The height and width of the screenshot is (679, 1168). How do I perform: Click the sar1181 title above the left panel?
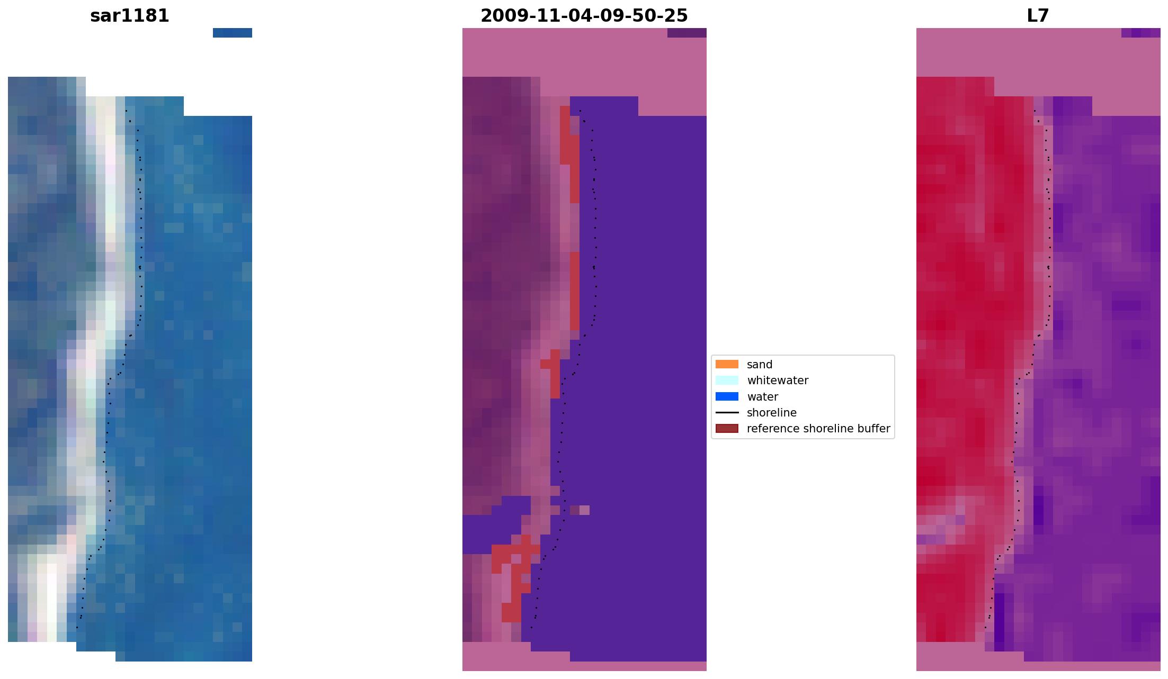tap(130, 16)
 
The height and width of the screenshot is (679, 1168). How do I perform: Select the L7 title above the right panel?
tap(1038, 16)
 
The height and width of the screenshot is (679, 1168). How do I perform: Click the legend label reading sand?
tap(760, 365)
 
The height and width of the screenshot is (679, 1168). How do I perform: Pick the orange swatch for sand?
tap(727, 365)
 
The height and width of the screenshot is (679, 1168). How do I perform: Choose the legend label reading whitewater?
tap(778, 381)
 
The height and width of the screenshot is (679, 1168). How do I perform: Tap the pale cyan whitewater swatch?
tap(727, 381)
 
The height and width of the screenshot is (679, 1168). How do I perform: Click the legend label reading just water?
tap(762, 397)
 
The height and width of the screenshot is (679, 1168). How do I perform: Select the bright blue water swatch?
tap(727, 397)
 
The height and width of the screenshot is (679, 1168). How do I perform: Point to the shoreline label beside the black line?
tap(771, 413)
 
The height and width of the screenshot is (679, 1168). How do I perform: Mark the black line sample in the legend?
tap(727, 413)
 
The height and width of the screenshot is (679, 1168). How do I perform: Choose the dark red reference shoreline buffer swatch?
tap(727, 429)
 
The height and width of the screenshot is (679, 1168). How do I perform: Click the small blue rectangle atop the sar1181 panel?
tap(233, 33)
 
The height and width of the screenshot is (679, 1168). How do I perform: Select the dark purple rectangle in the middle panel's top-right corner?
tap(686, 33)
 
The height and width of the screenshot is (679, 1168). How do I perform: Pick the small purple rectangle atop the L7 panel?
tap(1140, 33)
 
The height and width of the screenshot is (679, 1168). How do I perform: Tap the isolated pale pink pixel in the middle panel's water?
tap(584, 510)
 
